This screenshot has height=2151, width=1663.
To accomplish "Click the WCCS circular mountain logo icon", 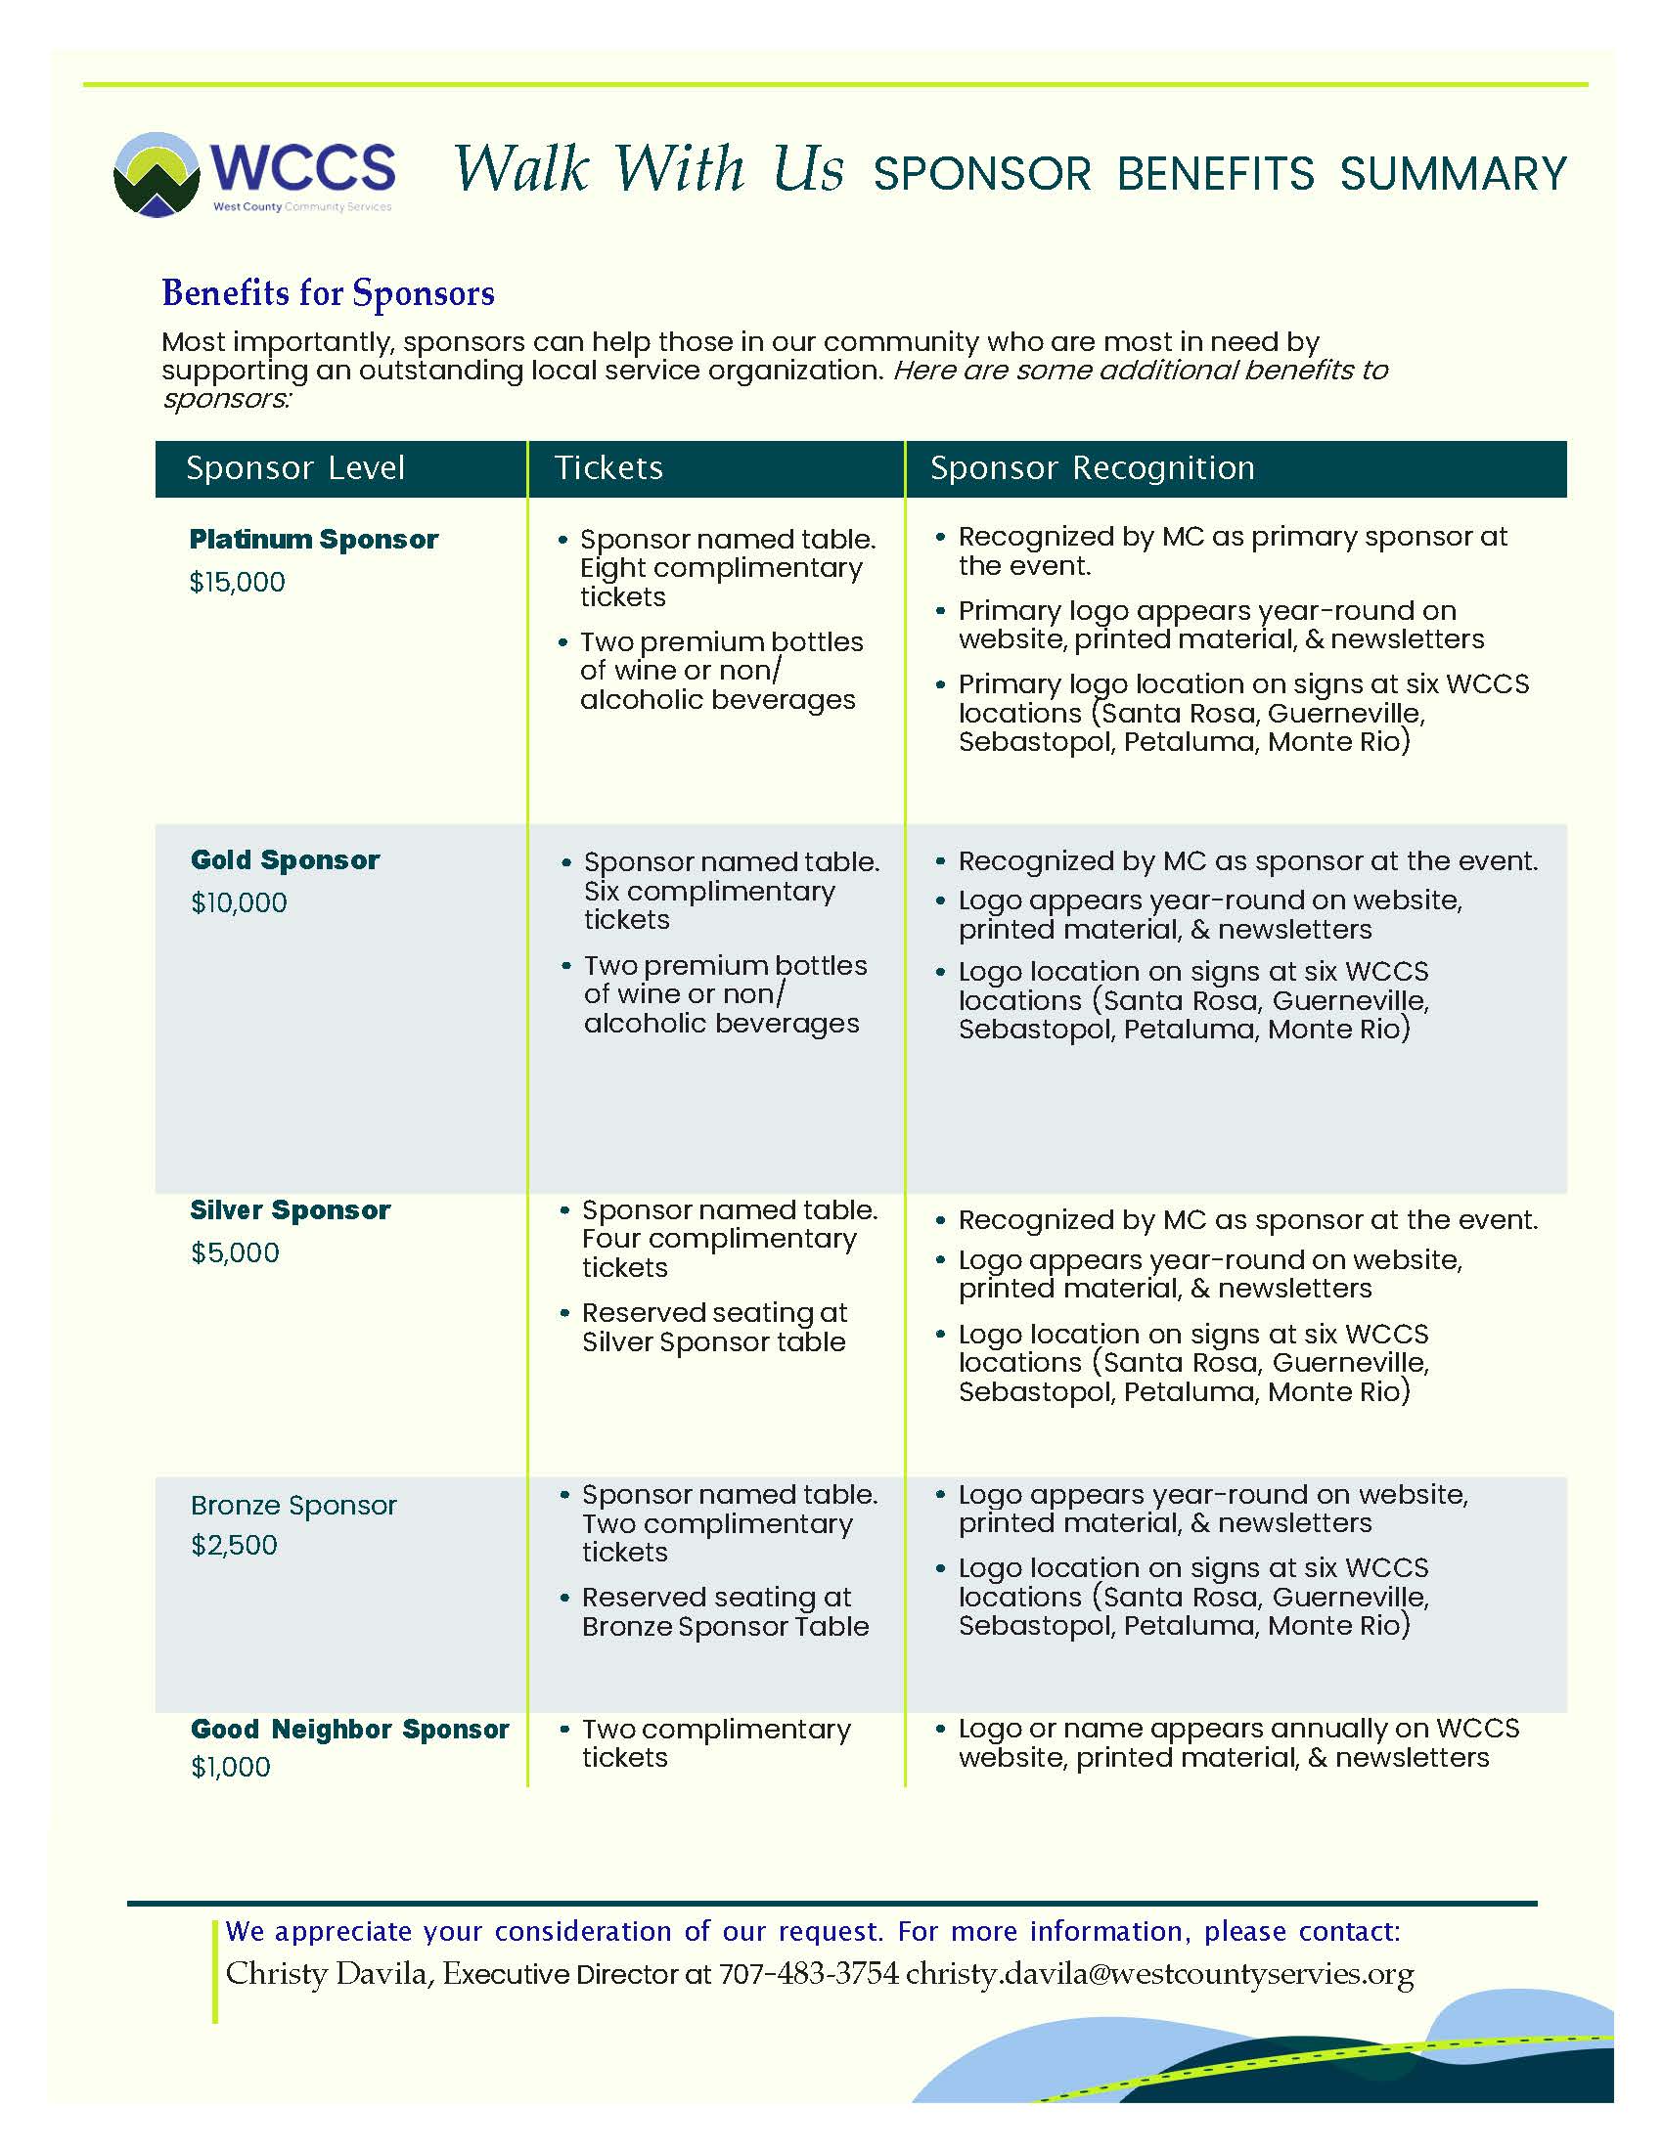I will click(x=157, y=174).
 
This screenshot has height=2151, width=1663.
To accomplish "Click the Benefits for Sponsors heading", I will click(x=328, y=293).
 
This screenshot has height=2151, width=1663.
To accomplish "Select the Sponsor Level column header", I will click(x=295, y=467).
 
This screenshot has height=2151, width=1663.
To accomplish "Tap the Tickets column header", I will click(x=607, y=467).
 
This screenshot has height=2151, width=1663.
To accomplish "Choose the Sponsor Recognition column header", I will click(x=1092, y=467).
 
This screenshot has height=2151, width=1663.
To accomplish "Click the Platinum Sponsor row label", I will click(x=313, y=540).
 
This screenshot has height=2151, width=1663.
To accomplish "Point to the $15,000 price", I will click(x=237, y=582).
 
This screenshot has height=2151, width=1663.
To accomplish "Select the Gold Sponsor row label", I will click(x=285, y=859).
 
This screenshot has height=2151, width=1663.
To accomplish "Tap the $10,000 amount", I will click(x=239, y=903).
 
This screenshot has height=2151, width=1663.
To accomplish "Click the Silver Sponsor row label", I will click(x=290, y=1210).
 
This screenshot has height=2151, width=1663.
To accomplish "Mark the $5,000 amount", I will click(x=235, y=1252).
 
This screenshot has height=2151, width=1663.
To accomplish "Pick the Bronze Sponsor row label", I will click(x=293, y=1506).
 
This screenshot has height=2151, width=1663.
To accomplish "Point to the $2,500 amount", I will click(x=234, y=1545).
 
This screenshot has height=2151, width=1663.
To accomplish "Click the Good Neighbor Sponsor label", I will click(x=350, y=1730).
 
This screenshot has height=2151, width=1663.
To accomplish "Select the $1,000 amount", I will click(x=231, y=1767).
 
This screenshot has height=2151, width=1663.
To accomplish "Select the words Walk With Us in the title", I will click(x=649, y=169).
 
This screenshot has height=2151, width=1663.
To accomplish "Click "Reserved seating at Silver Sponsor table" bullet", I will click(x=713, y=1328).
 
